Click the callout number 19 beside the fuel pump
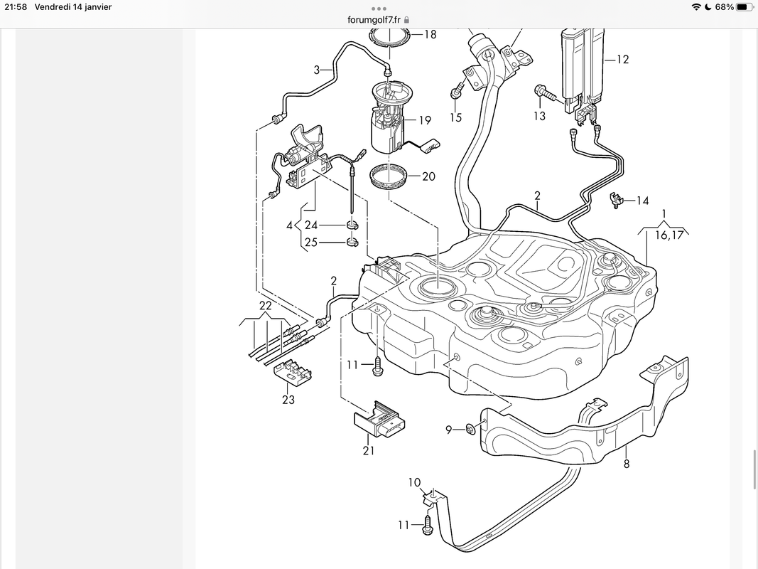tap(425, 120)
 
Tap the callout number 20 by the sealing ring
tap(428, 176)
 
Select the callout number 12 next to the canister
tap(622, 60)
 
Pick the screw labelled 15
tap(456, 92)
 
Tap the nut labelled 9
tap(471, 429)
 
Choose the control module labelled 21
tap(380, 423)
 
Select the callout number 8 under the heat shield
tap(627, 464)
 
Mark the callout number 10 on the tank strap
tap(414, 482)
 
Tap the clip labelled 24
tap(352, 226)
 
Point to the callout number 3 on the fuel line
tap(318, 70)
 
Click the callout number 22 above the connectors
tap(265, 306)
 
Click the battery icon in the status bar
tap(743, 7)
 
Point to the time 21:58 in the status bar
tap(13, 7)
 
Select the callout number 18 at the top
tap(430, 34)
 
